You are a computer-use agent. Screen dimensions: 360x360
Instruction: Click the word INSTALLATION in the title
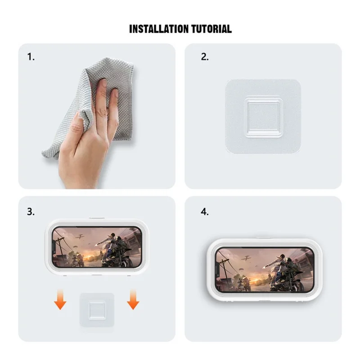[x=155, y=29]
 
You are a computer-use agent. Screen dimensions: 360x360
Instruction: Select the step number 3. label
[x=31, y=211]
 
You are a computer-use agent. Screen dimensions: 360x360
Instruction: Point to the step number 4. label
[x=204, y=211]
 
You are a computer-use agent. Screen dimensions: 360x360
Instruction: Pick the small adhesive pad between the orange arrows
[x=96, y=310]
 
